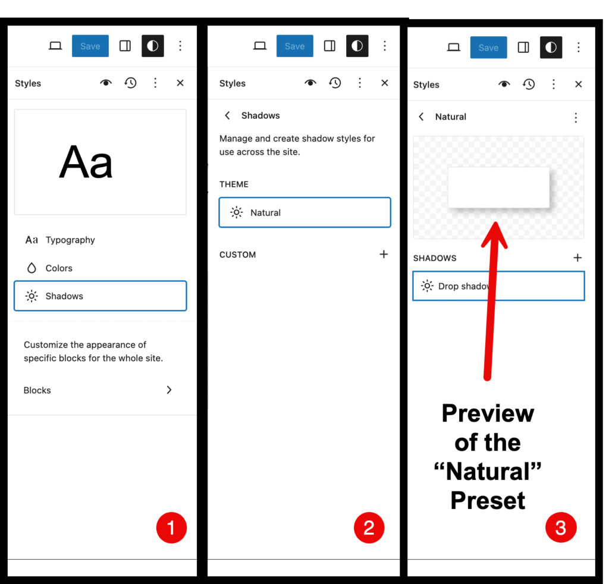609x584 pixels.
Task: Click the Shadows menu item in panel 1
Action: [100, 296]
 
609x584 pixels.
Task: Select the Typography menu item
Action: [60, 240]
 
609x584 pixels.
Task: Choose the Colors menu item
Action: [49, 268]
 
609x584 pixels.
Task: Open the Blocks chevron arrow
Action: [169, 390]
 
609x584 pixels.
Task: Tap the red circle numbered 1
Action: [171, 528]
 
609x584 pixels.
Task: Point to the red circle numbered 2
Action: [369, 528]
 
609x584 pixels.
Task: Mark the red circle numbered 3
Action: [561, 528]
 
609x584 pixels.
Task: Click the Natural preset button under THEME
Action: [305, 212]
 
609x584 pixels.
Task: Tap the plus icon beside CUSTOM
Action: [384, 255]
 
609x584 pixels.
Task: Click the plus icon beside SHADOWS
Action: [577, 258]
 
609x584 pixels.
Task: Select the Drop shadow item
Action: [499, 286]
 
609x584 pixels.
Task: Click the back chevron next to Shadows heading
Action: [228, 115]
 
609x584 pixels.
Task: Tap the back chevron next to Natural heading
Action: [422, 117]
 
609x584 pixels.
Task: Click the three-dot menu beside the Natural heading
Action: [576, 117]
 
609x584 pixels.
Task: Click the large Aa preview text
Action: [86, 162]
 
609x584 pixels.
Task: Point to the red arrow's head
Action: [495, 233]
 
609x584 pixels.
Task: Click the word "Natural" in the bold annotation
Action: [488, 472]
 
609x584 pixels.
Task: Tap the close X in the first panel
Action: [180, 83]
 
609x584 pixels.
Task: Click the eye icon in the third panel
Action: [504, 84]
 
